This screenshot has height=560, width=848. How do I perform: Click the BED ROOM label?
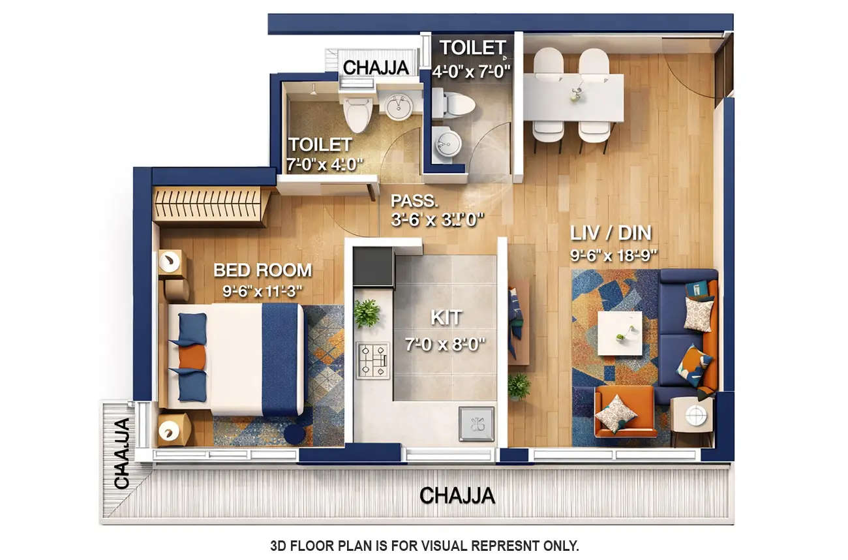tap(262, 270)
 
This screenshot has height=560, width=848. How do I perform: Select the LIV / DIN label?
tap(611, 233)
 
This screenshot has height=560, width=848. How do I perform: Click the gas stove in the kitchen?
tap(372, 360)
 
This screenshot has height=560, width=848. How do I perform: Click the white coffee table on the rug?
tap(619, 333)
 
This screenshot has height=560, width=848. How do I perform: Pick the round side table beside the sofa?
tap(696, 414)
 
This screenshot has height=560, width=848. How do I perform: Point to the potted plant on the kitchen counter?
tap(367, 313)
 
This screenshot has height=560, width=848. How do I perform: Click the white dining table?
tap(573, 97)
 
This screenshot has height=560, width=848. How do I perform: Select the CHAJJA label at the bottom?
tap(457, 496)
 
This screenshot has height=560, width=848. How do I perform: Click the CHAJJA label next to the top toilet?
tap(376, 67)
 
